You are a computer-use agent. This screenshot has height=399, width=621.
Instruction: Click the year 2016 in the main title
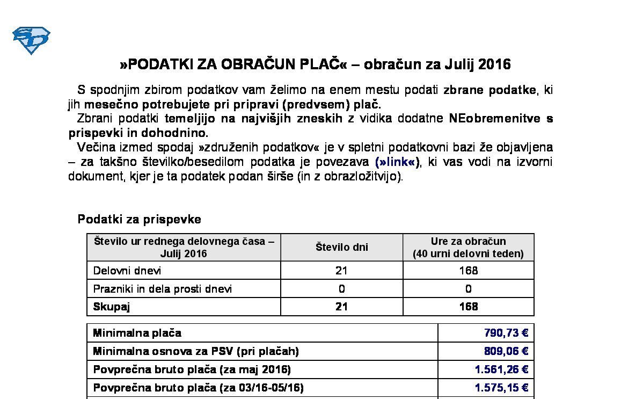(x=494, y=65)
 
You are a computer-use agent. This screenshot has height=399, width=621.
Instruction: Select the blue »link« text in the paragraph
(x=398, y=162)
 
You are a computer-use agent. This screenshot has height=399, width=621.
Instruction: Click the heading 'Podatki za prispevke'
(x=140, y=219)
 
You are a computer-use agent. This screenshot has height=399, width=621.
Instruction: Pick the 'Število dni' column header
(x=341, y=248)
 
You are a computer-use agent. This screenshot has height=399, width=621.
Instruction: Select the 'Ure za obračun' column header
(x=468, y=242)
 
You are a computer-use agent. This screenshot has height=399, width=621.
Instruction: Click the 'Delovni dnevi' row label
(x=127, y=271)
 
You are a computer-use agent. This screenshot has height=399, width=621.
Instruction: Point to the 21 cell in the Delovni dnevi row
(x=341, y=271)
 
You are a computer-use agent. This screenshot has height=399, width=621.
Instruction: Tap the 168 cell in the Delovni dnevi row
(x=468, y=271)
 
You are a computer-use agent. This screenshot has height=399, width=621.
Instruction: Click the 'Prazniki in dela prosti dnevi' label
(x=163, y=289)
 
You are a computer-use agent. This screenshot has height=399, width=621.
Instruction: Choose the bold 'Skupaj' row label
(x=112, y=307)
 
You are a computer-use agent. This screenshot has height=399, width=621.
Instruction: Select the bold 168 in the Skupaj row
(x=468, y=307)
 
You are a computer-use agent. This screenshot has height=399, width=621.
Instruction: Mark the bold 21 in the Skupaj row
(x=341, y=307)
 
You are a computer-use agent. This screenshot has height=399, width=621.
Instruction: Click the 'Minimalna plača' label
(x=137, y=333)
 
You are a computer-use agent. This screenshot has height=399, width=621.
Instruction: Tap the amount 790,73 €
(x=506, y=333)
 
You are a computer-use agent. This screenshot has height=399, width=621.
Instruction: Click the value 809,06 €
(x=506, y=351)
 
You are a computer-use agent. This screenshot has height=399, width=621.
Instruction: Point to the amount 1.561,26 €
(x=501, y=369)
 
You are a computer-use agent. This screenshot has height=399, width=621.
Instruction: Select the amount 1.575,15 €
(x=501, y=388)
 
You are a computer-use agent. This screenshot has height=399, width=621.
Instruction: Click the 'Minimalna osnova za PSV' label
(x=195, y=351)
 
